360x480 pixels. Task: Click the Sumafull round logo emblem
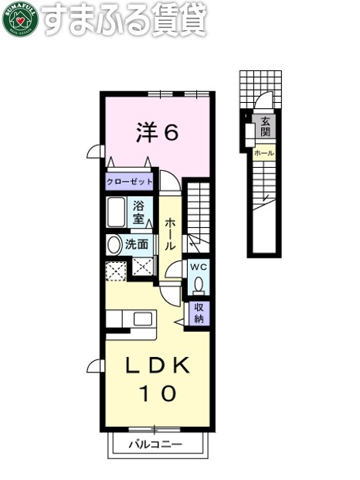coord(19,21)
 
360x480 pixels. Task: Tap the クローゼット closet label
coord(130,182)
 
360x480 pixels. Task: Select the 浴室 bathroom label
coord(139,213)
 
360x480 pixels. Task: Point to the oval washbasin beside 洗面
coord(114,245)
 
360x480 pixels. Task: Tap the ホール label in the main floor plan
coord(170,234)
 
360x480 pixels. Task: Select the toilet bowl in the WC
coord(199,285)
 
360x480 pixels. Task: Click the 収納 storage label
coord(199,313)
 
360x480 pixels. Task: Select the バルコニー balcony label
coord(155,444)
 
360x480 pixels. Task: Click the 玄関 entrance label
coord(266,127)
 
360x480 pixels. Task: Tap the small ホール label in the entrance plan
coord(264,154)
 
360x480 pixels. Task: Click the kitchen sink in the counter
coord(143,319)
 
